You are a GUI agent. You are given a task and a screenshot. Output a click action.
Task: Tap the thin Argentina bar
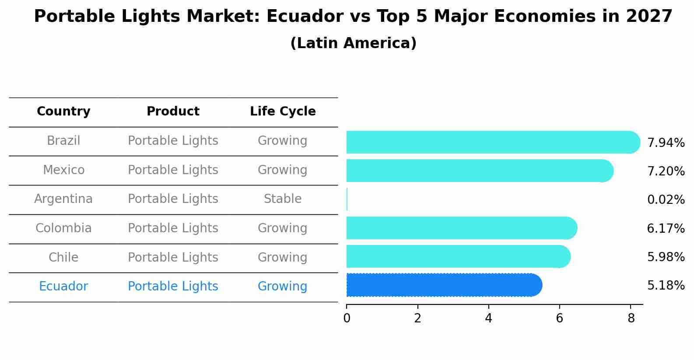[x=347, y=199]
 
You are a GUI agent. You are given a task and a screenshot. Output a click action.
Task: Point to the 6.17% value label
[x=666, y=228]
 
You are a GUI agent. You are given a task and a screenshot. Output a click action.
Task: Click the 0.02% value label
[x=666, y=200]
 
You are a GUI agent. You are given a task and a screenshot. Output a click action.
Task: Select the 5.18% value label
[x=666, y=286]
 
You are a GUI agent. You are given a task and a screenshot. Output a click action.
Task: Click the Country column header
[x=63, y=112]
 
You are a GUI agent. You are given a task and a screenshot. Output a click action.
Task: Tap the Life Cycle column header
[x=283, y=112]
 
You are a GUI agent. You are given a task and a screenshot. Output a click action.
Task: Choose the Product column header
[x=173, y=112]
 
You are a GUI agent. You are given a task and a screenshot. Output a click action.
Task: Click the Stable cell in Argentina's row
[x=283, y=199]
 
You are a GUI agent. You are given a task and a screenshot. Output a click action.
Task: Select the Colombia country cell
[x=63, y=228]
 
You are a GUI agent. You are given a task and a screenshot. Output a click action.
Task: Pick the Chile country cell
[x=63, y=257]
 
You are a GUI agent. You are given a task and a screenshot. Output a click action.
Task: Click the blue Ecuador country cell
[x=63, y=287]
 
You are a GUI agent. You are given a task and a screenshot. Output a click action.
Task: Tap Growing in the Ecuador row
[x=283, y=287]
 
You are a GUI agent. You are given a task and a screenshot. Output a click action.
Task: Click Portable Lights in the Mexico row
[x=173, y=170]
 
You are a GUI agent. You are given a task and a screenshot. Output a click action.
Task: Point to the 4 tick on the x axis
[x=488, y=318]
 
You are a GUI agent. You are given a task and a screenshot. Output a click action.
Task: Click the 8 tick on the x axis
[x=631, y=318]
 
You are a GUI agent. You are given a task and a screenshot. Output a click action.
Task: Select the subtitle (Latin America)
[x=353, y=43]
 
